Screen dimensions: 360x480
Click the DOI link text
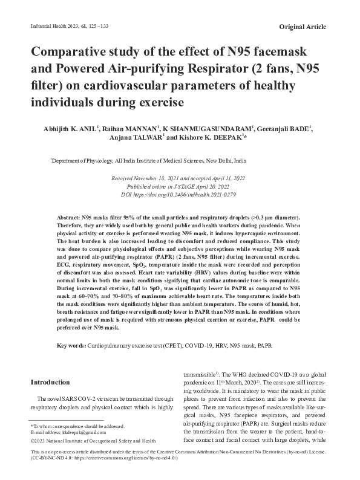point(186,195)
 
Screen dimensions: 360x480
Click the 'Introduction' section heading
point(50,383)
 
